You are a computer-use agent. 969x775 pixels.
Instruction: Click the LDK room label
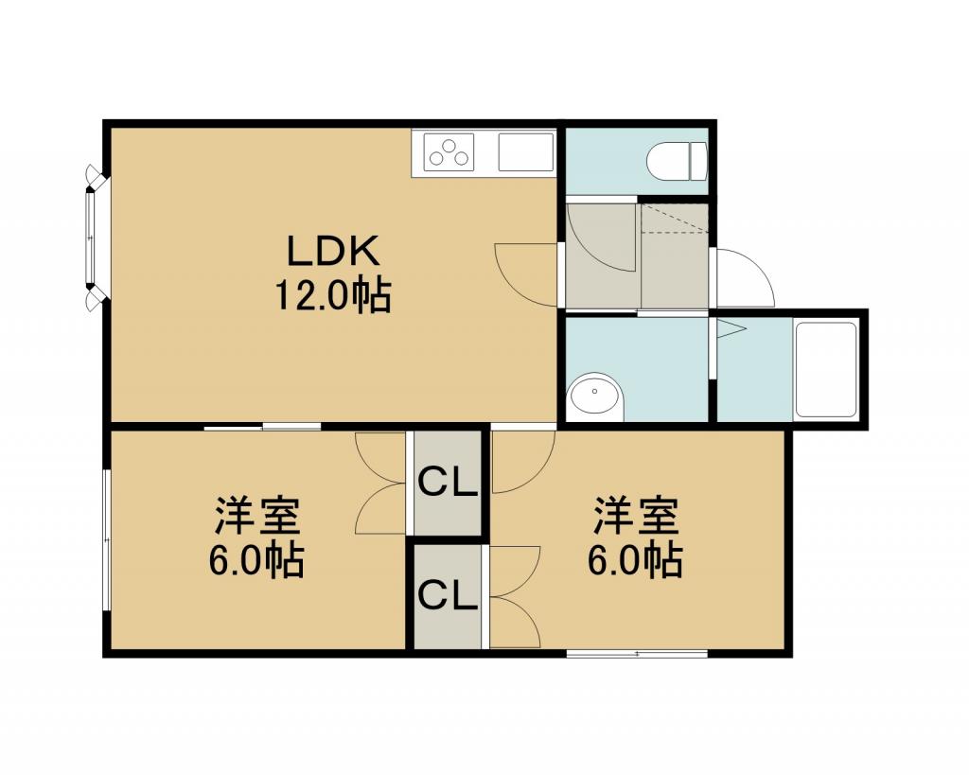[x=332, y=252]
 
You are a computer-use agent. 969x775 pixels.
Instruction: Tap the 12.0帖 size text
[x=332, y=295]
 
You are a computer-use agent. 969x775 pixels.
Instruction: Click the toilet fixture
[x=676, y=161]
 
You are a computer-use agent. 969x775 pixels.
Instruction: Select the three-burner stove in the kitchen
[x=449, y=152]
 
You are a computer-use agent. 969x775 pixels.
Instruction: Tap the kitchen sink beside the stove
[x=526, y=152]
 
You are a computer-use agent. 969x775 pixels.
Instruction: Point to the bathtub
[x=826, y=370]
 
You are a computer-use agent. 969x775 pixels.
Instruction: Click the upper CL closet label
[x=448, y=482]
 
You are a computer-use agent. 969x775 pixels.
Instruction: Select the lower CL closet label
[x=448, y=596]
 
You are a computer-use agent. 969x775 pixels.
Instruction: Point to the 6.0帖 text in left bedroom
[x=255, y=560]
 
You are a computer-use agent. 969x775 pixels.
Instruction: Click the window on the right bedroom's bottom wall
[x=637, y=653]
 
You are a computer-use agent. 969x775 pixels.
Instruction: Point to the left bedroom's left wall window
[x=106, y=539]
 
